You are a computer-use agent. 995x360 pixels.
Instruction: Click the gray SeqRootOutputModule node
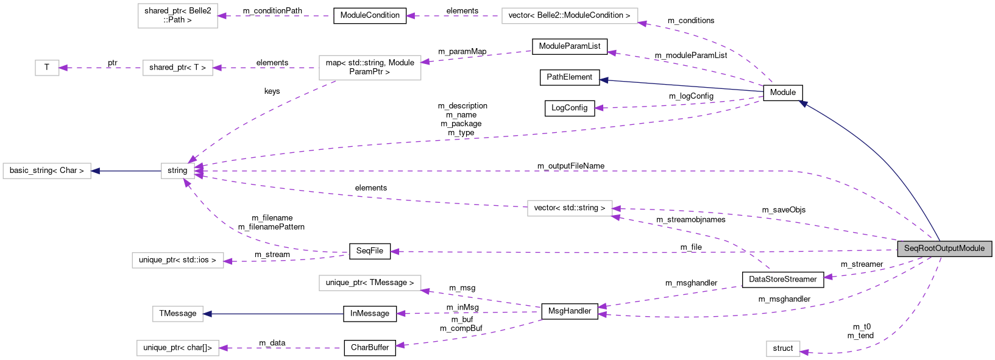tap(944, 249)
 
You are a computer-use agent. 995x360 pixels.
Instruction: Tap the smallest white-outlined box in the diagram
tap(47, 68)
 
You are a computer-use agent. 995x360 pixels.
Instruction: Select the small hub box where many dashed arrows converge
tap(178, 171)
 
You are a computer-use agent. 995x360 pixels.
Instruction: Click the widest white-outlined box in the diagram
tap(570, 16)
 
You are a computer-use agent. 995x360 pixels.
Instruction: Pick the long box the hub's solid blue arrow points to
tap(47, 171)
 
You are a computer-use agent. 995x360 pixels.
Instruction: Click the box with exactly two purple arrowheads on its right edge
tap(570, 208)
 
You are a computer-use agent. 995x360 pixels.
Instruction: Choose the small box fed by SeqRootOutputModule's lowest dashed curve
tap(783, 348)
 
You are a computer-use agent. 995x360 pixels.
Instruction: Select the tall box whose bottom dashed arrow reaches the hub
tap(370, 68)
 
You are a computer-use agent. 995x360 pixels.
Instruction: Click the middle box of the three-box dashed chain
tap(178, 68)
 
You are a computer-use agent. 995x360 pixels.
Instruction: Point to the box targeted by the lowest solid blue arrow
tap(178, 314)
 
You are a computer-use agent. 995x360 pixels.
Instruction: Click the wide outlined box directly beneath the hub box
tap(178, 261)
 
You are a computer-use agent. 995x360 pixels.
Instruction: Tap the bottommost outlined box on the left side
tap(178, 348)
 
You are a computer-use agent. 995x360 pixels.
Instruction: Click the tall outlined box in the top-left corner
tap(178, 16)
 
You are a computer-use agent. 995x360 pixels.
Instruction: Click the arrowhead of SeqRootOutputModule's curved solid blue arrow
tap(803, 104)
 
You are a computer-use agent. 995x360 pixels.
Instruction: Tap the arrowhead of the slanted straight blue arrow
tap(603, 80)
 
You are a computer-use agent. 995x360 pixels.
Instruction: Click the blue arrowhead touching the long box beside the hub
tap(96, 171)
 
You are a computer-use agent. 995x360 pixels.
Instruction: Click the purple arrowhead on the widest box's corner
tap(642, 23)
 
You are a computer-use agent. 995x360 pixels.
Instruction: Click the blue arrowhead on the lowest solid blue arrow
tap(208, 314)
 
